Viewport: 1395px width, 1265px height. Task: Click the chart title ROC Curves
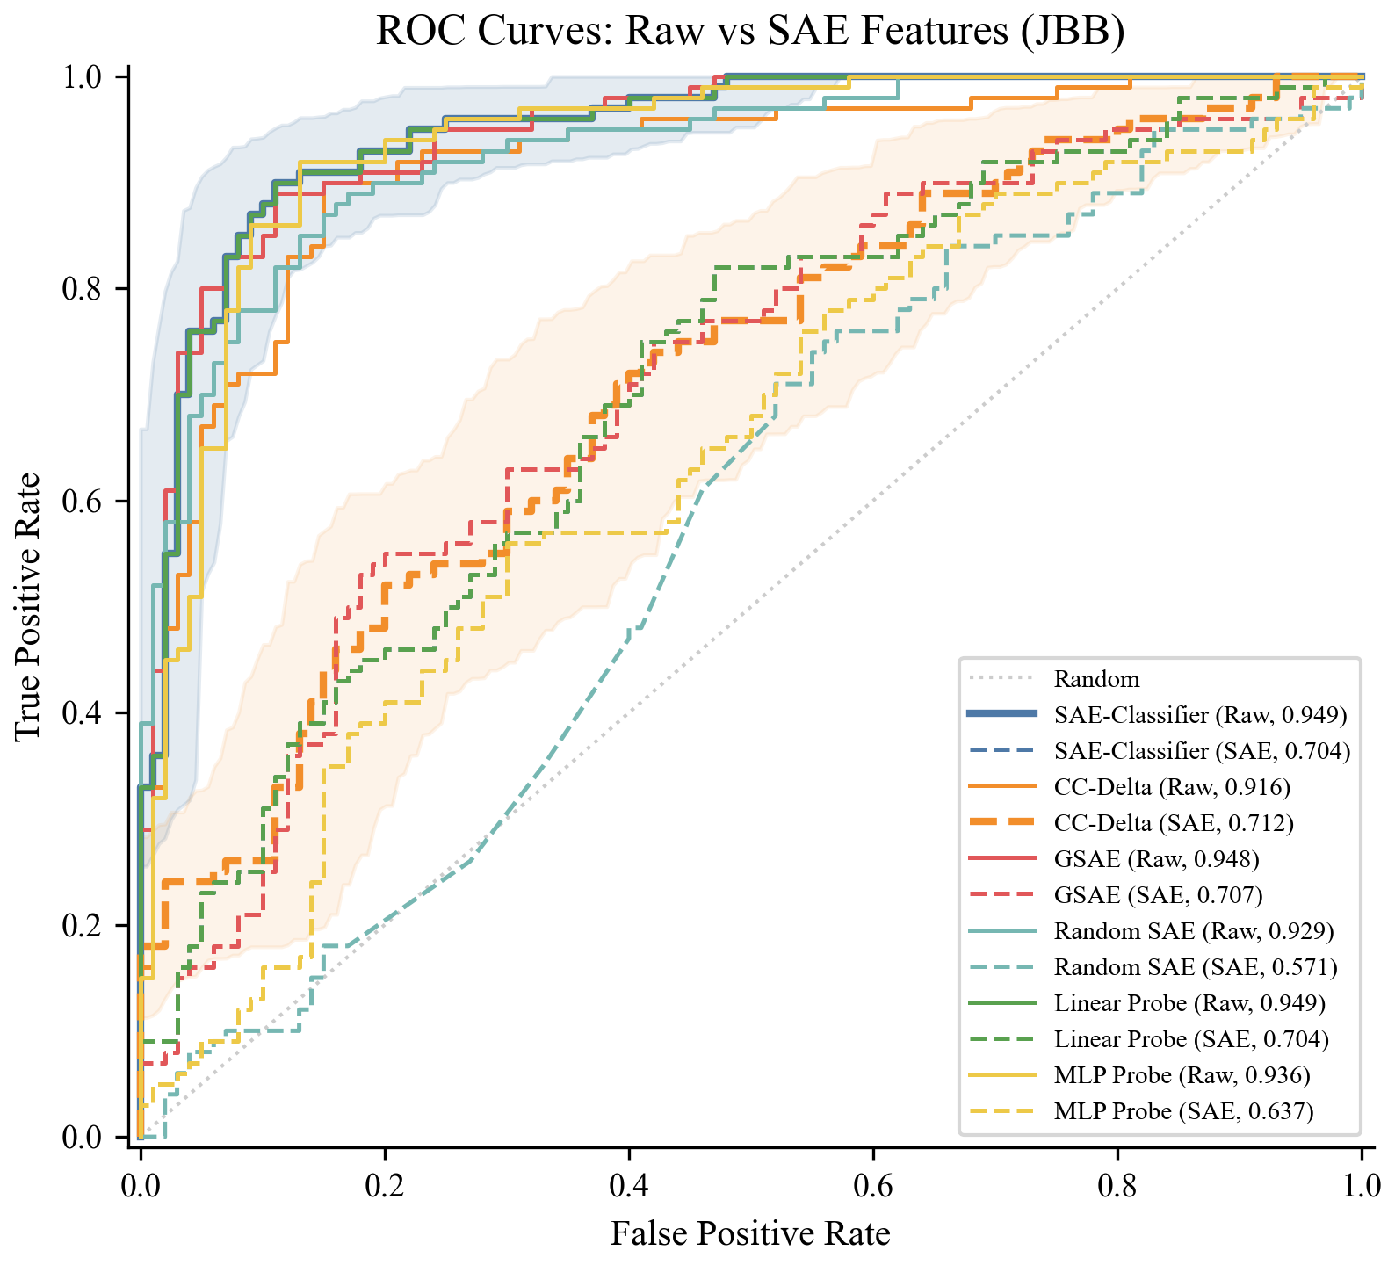tap(750, 32)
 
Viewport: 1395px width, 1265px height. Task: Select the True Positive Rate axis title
tap(28, 606)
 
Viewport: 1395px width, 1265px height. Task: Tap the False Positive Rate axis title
tap(750, 1233)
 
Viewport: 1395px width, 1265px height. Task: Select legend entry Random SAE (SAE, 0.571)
tap(1195, 967)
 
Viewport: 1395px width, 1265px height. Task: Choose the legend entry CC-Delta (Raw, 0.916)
tap(1172, 787)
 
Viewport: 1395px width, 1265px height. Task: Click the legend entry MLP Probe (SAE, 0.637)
tap(1183, 1111)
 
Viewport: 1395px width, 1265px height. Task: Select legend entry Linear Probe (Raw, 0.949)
tap(1189, 1003)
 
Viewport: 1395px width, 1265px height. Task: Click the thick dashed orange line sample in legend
tap(1001, 823)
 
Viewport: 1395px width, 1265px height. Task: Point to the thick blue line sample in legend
tap(1001, 715)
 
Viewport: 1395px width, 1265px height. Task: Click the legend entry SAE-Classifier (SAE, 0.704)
tap(1202, 751)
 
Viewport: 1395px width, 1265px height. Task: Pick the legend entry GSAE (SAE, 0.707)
tap(1158, 895)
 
